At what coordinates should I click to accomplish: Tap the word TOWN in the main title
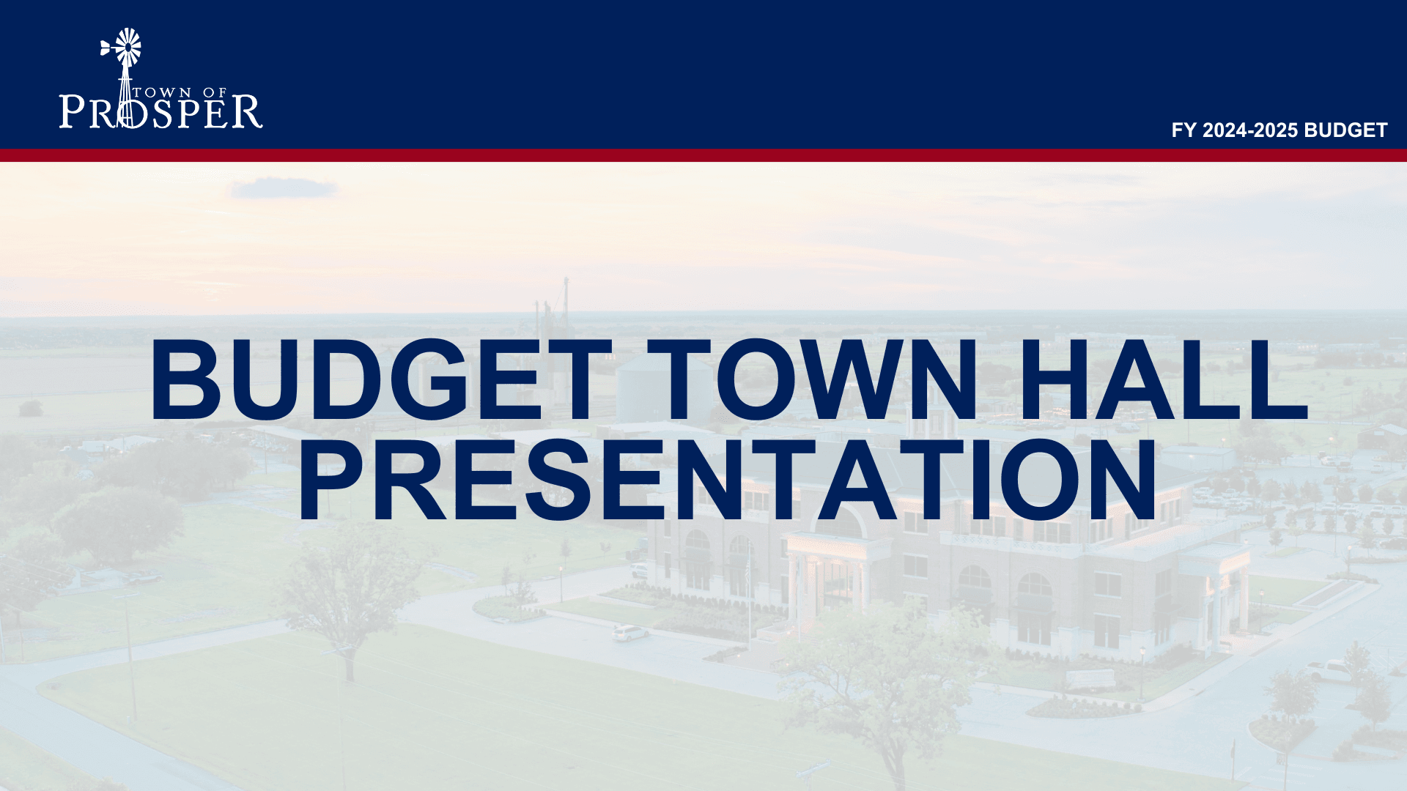tap(846, 381)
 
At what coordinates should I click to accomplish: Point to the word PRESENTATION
tap(727, 480)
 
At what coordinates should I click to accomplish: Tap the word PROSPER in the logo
tap(160, 112)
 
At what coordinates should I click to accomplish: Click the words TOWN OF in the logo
tap(180, 92)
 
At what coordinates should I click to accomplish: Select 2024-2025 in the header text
tap(1249, 130)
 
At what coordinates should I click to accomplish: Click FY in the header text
tap(1183, 130)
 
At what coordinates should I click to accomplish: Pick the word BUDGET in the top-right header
tap(1345, 130)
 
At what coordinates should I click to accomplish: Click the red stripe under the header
tap(703, 155)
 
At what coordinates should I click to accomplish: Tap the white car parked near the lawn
tap(629, 633)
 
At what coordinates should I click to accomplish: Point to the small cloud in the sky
tap(283, 189)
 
